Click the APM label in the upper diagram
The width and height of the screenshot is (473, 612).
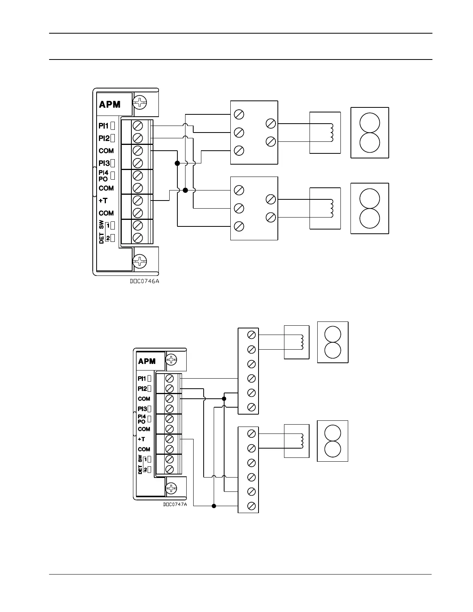pyautogui.click(x=110, y=104)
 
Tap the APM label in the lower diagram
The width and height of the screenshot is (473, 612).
pyautogui.click(x=147, y=361)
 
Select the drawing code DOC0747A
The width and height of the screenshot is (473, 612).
pyautogui.click(x=175, y=504)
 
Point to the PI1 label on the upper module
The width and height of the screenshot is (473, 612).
pyautogui.click(x=104, y=126)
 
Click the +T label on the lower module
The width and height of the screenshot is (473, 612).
pyautogui.click(x=141, y=439)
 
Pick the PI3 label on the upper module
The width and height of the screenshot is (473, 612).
pyautogui.click(x=104, y=163)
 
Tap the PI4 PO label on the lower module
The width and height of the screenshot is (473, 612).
pyautogui.click(x=142, y=419)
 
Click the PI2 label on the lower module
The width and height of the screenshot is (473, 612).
pyautogui.click(x=142, y=389)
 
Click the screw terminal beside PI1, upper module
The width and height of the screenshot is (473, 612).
pyautogui.click(x=138, y=126)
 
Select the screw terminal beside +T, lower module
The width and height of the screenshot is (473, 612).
pyautogui.click(x=169, y=439)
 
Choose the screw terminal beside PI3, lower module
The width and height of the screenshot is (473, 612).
pyautogui.click(x=169, y=408)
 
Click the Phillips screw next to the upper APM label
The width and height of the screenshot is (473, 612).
pyautogui.click(x=139, y=103)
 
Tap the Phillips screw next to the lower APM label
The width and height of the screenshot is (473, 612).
pyautogui.click(x=171, y=360)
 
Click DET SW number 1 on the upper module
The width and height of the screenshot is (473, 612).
pyautogui.click(x=108, y=225)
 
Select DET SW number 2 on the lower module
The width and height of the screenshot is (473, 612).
pyautogui.click(x=145, y=469)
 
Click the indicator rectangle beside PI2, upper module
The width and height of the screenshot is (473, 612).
pyautogui.click(x=112, y=138)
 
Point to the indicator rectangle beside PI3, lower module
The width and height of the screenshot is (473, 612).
pyautogui.click(x=149, y=408)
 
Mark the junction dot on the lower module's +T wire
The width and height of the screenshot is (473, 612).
pyautogui.click(x=214, y=506)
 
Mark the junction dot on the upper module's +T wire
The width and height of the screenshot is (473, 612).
pyautogui.click(x=185, y=190)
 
